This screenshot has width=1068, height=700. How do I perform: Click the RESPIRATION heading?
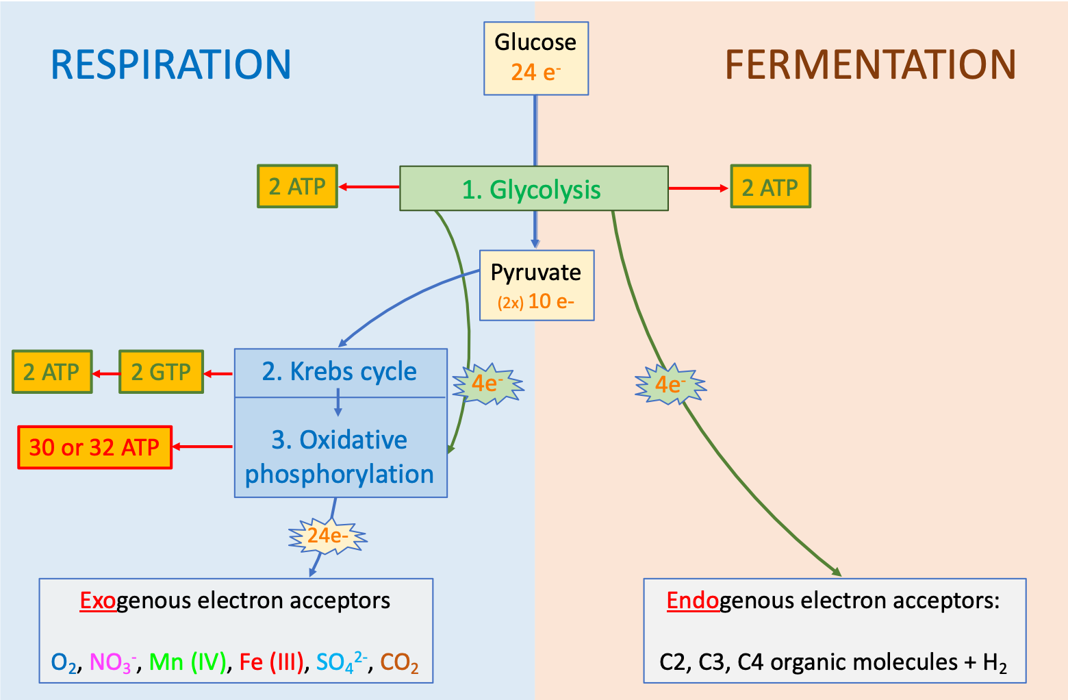[x=171, y=65]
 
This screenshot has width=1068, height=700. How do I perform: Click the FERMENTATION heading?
[x=870, y=65]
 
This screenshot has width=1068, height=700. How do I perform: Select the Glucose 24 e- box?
[x=536, y=58]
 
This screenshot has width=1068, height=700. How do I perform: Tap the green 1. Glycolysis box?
[x=533, y=188]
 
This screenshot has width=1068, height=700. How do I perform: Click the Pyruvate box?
[x=536, y=285]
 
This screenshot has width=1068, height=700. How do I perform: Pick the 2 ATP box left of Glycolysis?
[x=297, y=186]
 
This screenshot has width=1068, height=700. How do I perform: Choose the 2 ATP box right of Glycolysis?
[x=770, y=186]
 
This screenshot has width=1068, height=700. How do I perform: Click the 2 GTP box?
[x=161, y=372]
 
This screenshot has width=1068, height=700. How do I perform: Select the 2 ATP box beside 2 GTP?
[x=52, y=372]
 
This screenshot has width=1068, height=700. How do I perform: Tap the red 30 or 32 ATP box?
[x=94, y=447]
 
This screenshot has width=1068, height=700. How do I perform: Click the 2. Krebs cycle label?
[x=340, y=372]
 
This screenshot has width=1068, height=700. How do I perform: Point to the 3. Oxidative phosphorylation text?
[x=340, y=457]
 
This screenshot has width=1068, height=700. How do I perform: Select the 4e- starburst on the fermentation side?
[x=670, y=384]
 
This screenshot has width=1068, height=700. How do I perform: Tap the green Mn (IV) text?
[x=188, y=662]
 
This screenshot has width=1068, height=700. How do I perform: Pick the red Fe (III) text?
[x=271, y=662]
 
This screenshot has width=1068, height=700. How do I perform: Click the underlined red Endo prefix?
[x=692, y=601]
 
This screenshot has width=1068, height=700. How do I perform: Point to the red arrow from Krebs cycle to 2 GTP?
[x=219, y=373]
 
